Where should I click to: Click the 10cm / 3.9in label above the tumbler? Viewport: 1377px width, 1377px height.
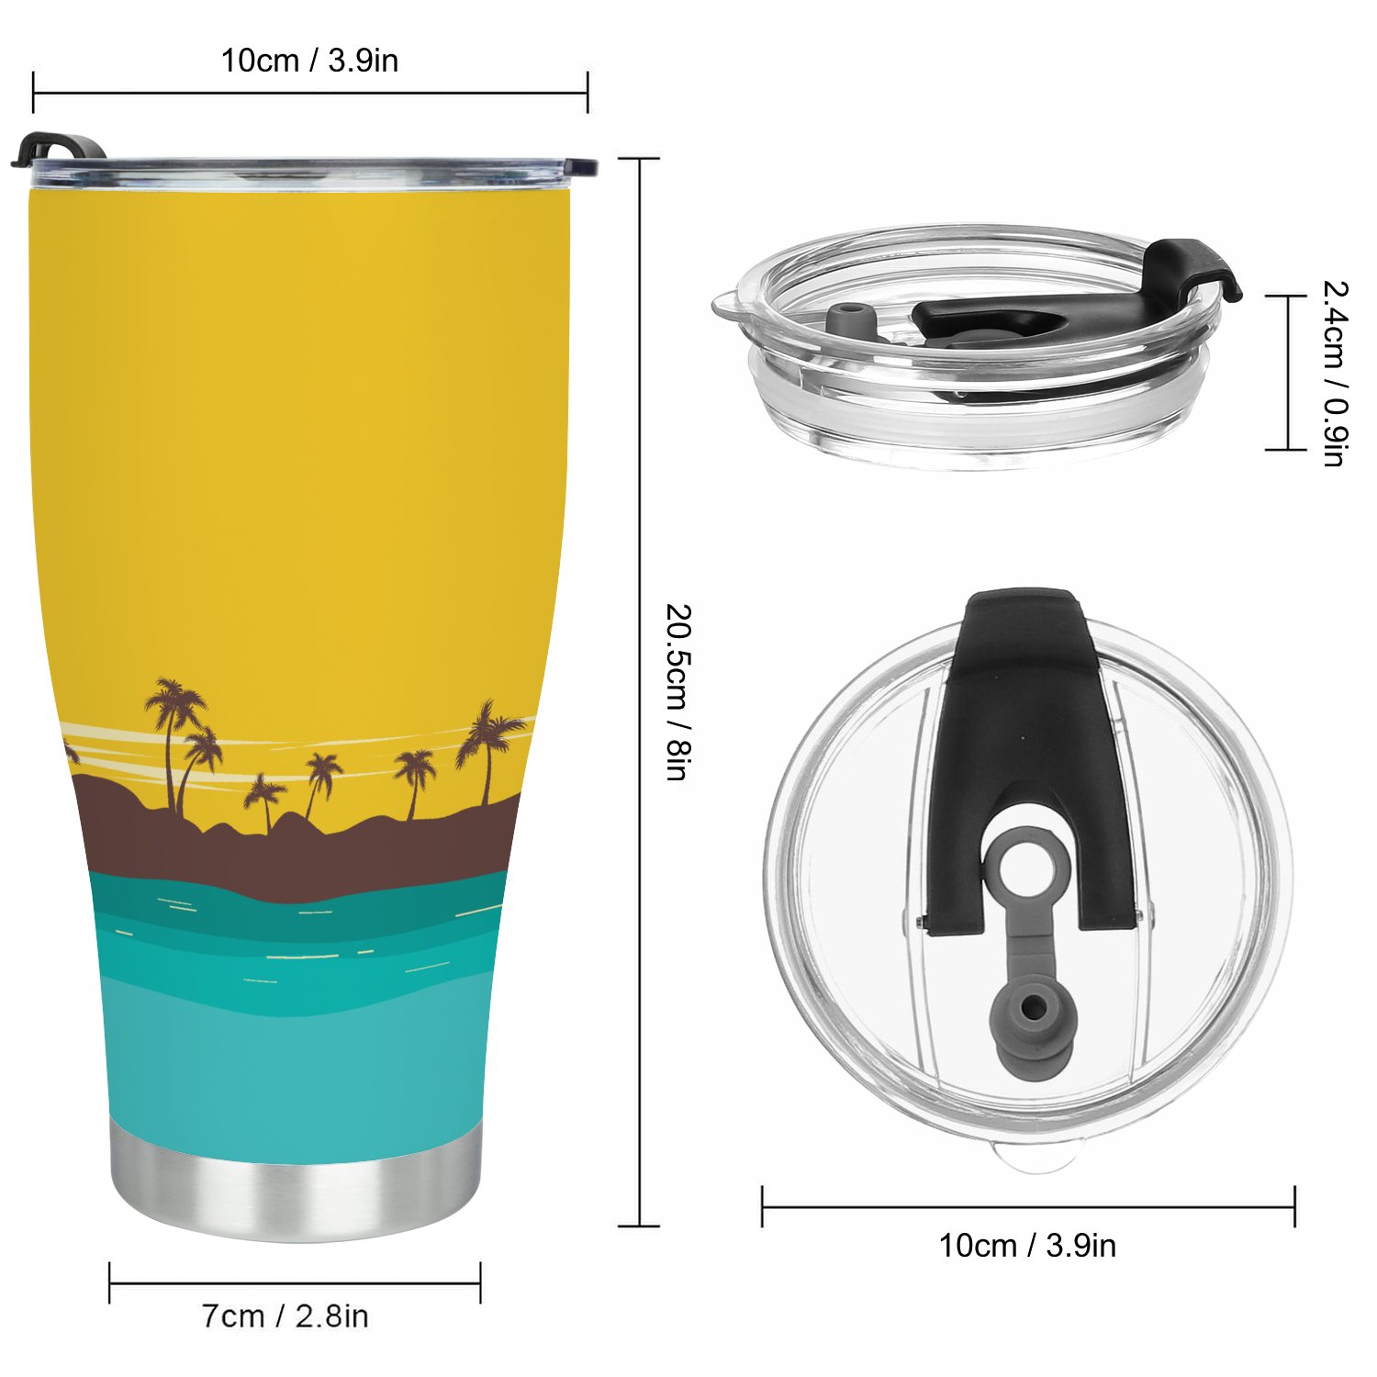click(x=309, y=61)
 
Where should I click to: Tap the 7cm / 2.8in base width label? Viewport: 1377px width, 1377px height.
click(x=285, y=1315)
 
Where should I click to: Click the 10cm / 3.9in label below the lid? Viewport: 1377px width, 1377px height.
click(x=1027, y=1246)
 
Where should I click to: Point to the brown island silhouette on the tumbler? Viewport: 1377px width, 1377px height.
click(x=294, y=849)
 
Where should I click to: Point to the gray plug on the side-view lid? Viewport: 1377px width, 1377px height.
click(x=849, y=321)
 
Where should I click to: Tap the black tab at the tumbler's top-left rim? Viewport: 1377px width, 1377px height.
click(x=55, y=149)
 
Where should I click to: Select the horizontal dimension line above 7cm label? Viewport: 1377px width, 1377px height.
click(x=295, y=1282)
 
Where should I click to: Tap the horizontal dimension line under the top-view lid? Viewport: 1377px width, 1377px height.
click(x=1028, y=1206)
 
